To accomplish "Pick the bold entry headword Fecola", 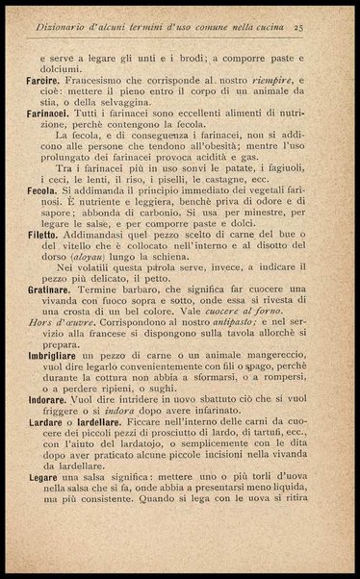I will coord(41,192).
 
